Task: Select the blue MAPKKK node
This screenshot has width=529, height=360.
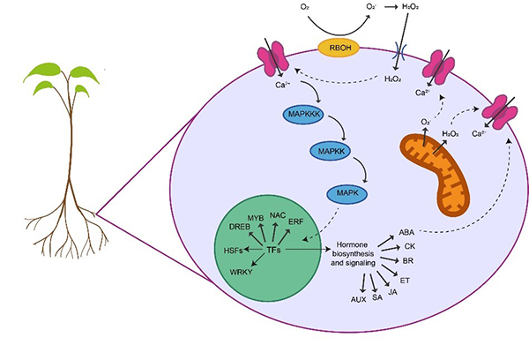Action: click(306, 115)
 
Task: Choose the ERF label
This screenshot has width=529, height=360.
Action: click(296, 223)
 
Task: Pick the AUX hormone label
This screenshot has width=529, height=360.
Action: click(358, 300)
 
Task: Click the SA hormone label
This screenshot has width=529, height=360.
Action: click(376, 297)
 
